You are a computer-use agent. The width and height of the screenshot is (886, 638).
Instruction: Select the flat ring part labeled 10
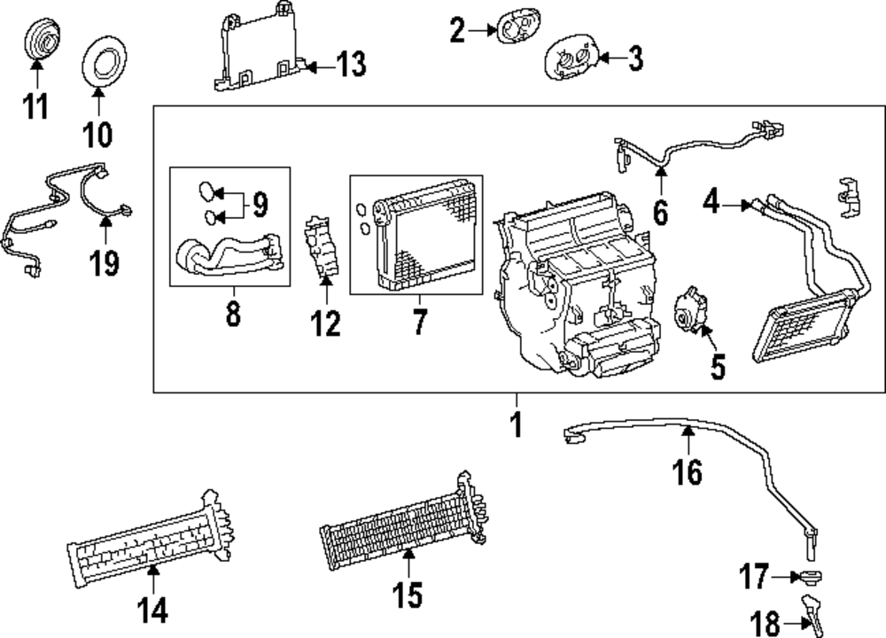click(105, 67)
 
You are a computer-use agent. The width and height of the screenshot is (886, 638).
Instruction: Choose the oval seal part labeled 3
click(571, 59)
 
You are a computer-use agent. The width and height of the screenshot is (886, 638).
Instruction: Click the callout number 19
click(105, 263)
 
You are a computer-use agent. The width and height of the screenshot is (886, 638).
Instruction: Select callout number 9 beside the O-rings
click(259, 205)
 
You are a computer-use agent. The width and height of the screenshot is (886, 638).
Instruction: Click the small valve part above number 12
click(324, 249)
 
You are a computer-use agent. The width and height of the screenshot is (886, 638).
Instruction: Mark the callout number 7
click(419, 323)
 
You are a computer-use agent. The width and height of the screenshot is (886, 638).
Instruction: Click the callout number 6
click(661, 213)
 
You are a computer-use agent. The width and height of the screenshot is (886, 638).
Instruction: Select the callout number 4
click(711, 205)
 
